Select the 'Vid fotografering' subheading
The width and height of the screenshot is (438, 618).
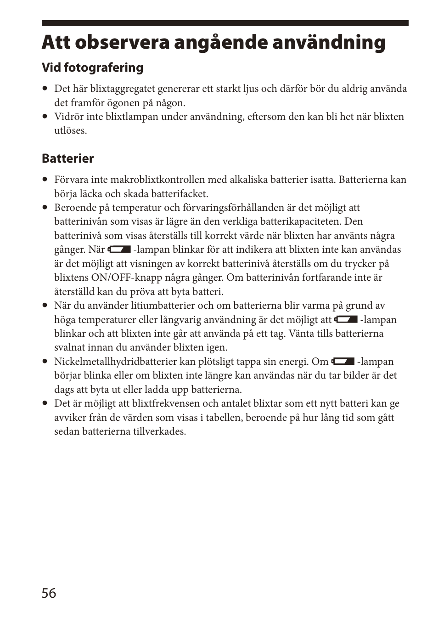pyautogui.click(x=92, y=68)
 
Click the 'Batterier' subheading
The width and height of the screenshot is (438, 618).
pyautogui.click(x=67, y=159)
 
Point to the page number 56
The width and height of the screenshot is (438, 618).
pyautogui.click(x=49, y=593)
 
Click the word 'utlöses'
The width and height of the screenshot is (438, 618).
pyautogui.click(x=70, y=130)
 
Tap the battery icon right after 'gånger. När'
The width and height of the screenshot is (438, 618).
pyautogui.click(x=119, y=249)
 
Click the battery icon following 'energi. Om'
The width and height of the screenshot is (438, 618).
pyautogui.click(x=343, y=362)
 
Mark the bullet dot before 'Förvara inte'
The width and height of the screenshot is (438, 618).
pyautogui.click(x=45, y=180)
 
